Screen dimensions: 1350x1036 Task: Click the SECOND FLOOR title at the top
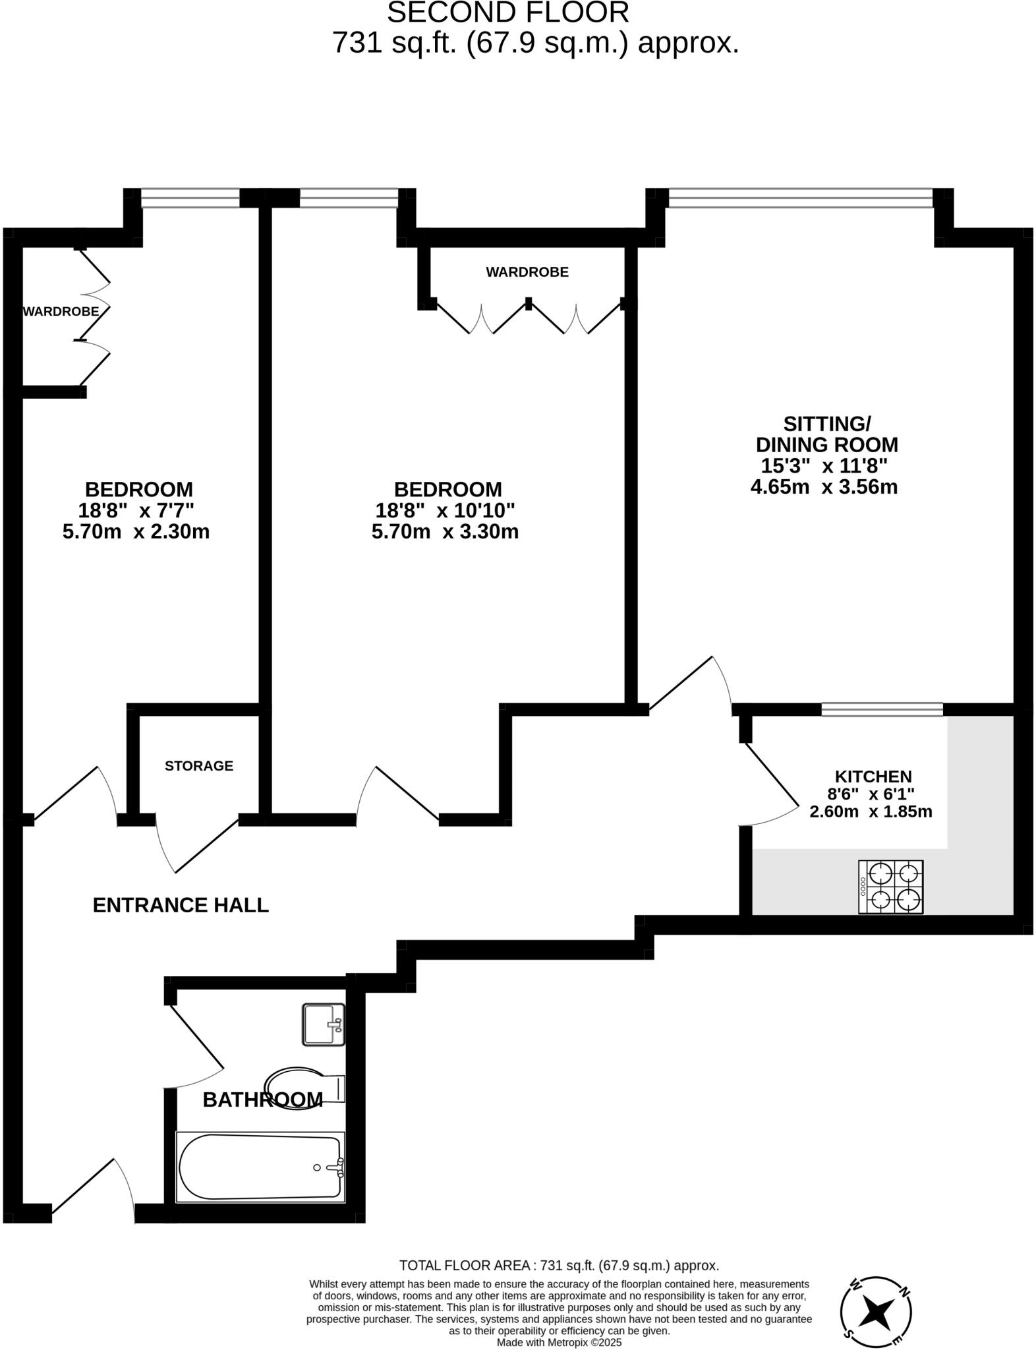pos(507,13)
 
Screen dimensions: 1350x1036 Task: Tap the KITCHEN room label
pos(873,777)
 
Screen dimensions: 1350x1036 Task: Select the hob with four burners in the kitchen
pos(890,887)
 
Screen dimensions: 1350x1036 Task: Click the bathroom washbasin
pos(323,1024)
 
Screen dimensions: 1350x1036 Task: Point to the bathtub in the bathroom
pos(260,1167)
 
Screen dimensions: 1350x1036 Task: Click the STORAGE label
pos(198,766)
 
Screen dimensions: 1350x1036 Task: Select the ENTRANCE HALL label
pos(181,905)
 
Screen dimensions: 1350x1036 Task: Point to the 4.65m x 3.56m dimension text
pos(824,487)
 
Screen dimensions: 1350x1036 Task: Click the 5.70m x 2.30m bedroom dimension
pos(136,531)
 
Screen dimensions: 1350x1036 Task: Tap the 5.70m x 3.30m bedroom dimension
pos(445,531)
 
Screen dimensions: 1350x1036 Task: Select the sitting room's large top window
pos(800,198)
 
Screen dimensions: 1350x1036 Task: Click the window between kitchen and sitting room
pos(882,709)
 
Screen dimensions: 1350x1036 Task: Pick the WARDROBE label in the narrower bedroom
pos(61,311)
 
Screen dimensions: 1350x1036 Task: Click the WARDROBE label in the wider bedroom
pos(527,272)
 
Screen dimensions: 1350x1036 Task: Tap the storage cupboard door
pos(198,847)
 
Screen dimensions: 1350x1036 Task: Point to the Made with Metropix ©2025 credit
pos(558,1342)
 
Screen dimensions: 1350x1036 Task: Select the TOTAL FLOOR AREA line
pos(558,1265)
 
